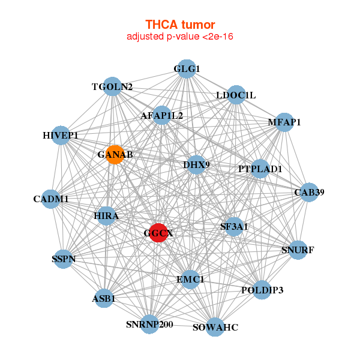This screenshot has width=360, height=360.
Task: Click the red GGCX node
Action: click(157, 233)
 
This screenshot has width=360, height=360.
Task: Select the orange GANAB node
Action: click(114, 154)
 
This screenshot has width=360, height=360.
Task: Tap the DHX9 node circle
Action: click(196, 164)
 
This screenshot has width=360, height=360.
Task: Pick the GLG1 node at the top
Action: click(187, 68)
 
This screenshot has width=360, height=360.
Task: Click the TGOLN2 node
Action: click(112, 86)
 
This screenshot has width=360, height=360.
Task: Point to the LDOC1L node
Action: click(236, 95)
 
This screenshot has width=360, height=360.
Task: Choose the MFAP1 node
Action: click(284, 122)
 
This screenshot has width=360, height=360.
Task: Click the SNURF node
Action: click(298, 250)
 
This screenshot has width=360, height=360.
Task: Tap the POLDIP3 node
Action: click(262, 290)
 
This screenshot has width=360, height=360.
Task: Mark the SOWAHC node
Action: click(215, 327)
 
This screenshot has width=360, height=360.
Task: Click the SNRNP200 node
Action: click(149, 325)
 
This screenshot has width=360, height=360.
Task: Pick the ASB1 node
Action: click(104, 298)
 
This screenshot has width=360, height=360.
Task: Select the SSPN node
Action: click(64, 259)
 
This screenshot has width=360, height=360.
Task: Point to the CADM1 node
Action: click(51, 199)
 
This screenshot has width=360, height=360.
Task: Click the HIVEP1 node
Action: click(61, 135)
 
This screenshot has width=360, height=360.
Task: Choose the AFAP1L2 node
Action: click(162, 115)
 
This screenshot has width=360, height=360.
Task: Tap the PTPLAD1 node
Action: click(260, 169)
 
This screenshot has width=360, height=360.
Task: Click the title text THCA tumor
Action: click(180, 25)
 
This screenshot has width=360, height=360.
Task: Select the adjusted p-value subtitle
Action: click(180, 37)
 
